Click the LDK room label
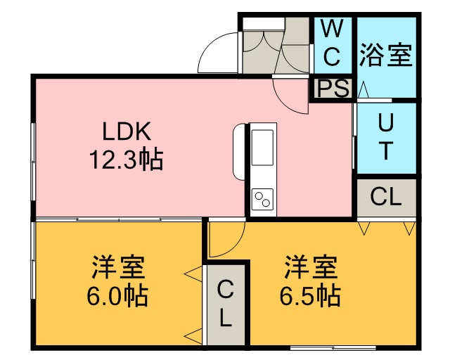(x=127, y=131)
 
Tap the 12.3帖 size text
(x=127, y=160)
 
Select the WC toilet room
(x=333, y=46)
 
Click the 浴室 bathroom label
(x=386, y=55)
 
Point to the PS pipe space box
(x=333, y=88)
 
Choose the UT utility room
(x=386, y=138)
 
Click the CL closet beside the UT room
(x=386, y=198)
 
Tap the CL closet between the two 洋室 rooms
(x=226, y=304)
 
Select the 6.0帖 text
(x=117, y=295)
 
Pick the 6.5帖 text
(x=310, y=295)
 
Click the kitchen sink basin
(x=262, y=147)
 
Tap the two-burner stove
(x=262, y=199)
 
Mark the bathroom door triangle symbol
(x=364, y=89)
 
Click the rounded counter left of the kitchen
(x=239, y=152)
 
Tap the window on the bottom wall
(x=333, y=348)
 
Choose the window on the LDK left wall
(x=33, y=162)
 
